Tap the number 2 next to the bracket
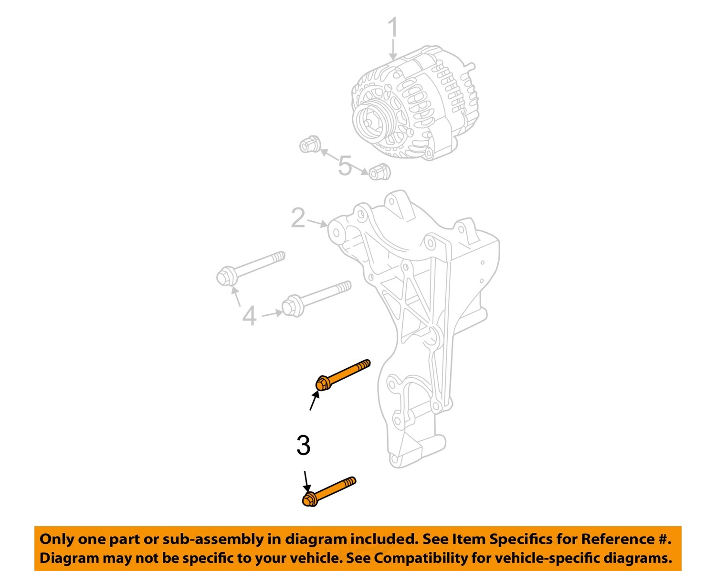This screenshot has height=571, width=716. click(x=298, y=218)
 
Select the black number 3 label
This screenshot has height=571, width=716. click(x=303, y=446)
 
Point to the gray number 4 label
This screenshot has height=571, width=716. click(x=249, y=316)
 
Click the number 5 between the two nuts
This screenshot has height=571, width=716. click(x=345, y=166)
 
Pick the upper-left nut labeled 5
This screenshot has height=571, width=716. click(x=309, y=144)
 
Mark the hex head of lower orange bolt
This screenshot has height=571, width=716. click(x=309, y=499)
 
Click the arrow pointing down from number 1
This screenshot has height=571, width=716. click(x=393, y=50)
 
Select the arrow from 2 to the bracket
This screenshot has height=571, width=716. click(x=317, y=222)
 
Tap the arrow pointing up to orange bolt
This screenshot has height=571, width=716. click(x=314, y=401)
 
